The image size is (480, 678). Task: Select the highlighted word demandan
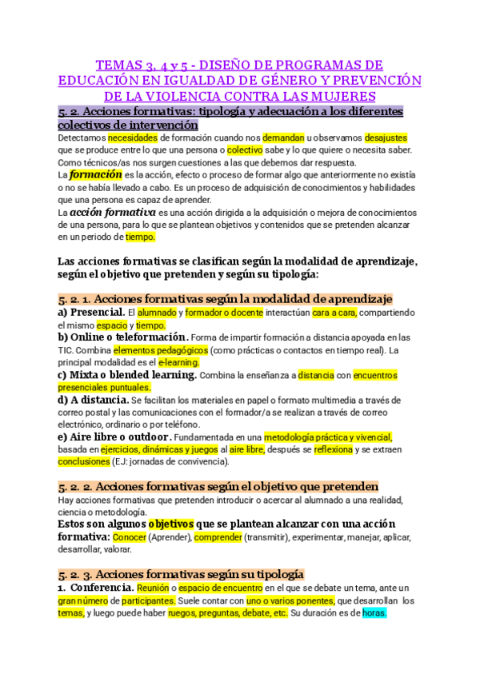coord(283,137)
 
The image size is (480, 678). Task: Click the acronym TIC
coord(67,350)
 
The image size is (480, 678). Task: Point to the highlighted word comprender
coord(218,536)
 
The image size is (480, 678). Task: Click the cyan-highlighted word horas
coord(374,612)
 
